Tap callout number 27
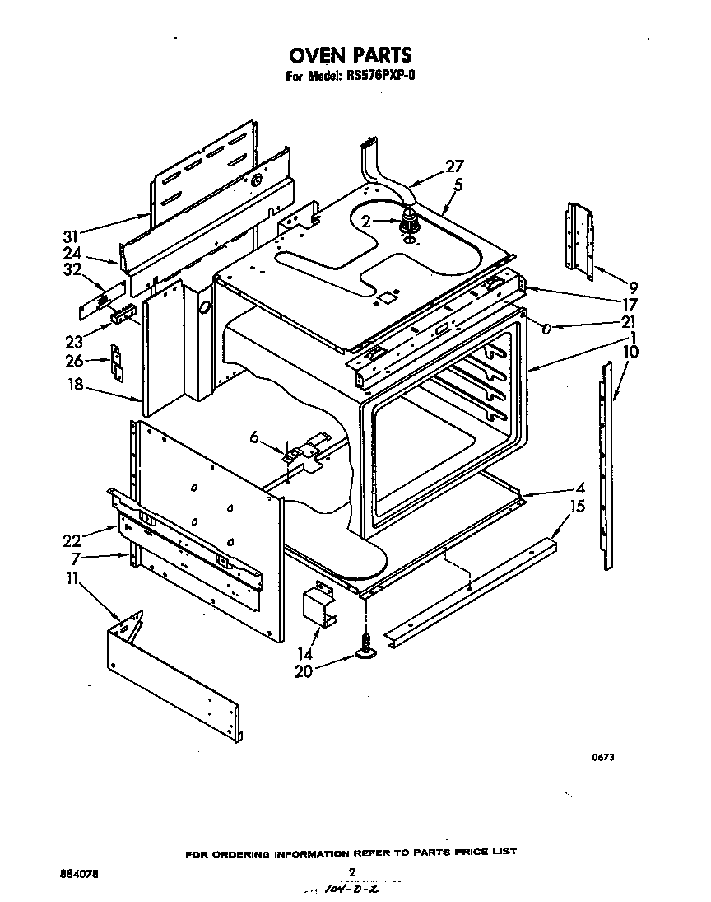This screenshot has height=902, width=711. (455, 166)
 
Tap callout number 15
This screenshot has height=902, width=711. (578, 506)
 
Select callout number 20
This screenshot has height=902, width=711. (303, 671)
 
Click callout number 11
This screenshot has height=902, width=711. (72, 578)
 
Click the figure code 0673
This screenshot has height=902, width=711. (603, 758)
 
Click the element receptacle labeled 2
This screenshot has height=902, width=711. (408, 223)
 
